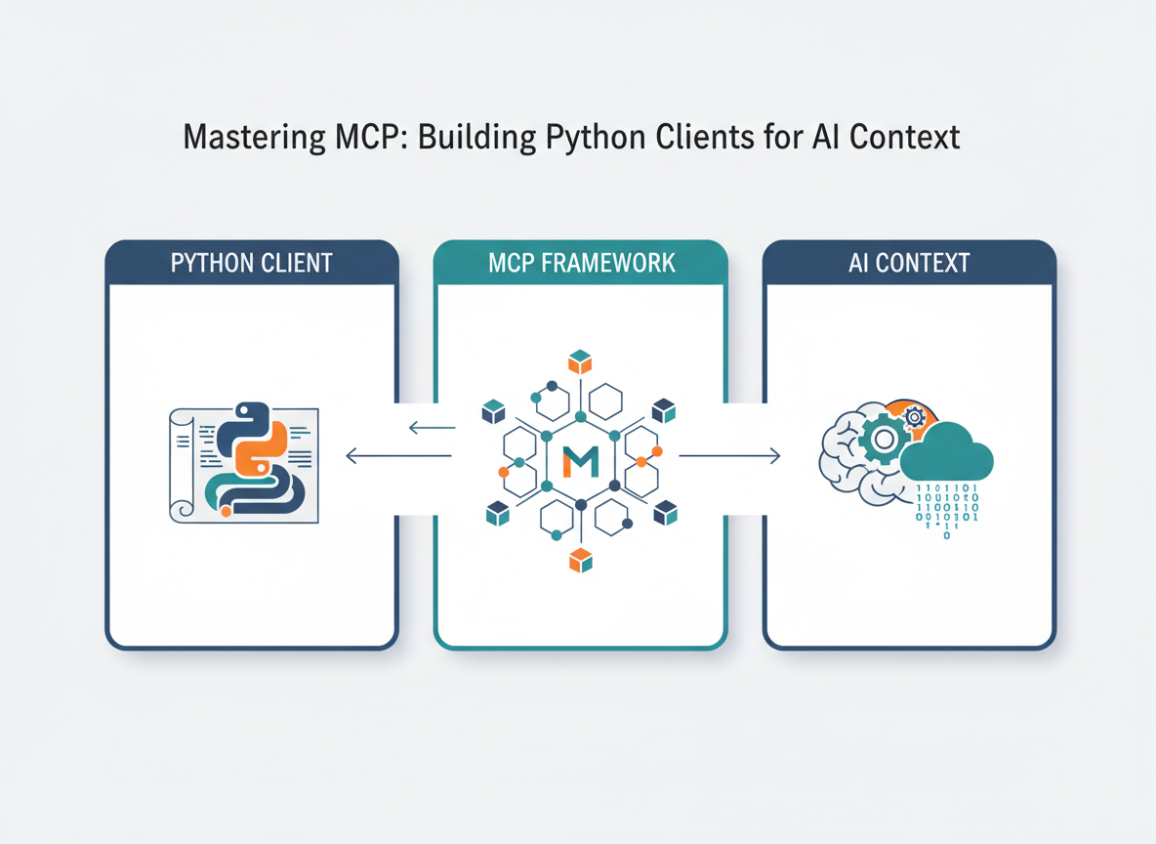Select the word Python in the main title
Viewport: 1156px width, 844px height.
click(599, 138)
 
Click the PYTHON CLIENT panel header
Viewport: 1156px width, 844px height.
click(251, 263)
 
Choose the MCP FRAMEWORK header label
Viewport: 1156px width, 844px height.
click(580, 263)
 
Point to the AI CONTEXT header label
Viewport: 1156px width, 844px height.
click(909, 263)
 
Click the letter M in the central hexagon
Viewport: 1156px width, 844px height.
click(580, 460)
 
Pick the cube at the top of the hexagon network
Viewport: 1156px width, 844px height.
click(581, 362)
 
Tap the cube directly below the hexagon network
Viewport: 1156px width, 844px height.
click(581, 560)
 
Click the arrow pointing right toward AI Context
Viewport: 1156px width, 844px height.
click(729, 455)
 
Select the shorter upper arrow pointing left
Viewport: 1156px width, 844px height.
click(432, 427)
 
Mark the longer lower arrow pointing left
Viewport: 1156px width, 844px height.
click(398, 455)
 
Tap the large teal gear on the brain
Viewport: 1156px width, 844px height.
click(883, 439)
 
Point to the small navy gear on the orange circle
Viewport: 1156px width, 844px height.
click(915, 417)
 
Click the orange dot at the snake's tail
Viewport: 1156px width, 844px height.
click(226, 511)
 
